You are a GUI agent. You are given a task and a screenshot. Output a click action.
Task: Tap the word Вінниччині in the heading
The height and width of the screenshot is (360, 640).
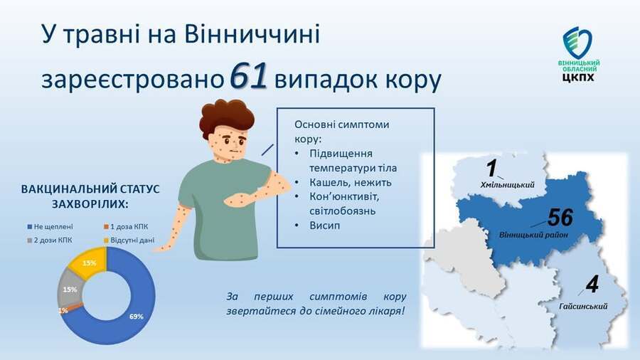point(252,34)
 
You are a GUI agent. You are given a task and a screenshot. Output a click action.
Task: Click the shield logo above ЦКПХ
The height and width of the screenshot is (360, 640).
point(577,43)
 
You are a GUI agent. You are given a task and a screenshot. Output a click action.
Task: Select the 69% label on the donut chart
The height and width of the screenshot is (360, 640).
point(137,317)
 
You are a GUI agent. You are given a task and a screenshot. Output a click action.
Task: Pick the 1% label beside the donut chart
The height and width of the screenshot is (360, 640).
point(63,311)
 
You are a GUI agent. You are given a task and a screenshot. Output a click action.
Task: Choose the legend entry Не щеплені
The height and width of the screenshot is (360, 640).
point(50,226)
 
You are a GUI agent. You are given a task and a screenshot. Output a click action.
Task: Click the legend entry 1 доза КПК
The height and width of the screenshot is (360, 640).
point(126,226)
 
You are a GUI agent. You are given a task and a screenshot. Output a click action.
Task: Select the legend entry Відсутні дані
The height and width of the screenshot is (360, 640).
point(129,240)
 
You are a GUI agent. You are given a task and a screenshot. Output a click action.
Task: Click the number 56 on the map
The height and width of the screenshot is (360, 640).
point(560,217)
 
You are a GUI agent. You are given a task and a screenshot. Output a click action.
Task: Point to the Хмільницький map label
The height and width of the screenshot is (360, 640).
point(508,185)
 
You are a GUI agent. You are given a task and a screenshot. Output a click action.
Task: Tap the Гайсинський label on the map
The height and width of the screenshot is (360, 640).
point(583,306)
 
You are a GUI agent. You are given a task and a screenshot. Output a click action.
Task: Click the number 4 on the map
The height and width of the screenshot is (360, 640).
point(592,285)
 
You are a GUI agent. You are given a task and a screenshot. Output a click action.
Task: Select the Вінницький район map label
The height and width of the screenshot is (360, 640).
point(533,235)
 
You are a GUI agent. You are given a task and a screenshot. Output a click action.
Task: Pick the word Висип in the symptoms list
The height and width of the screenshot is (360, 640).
point(325,226)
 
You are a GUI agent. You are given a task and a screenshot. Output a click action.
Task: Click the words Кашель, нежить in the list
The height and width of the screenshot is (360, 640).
point(350,182)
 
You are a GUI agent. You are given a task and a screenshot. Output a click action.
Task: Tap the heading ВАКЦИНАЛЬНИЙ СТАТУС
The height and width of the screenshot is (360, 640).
point(90,189)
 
